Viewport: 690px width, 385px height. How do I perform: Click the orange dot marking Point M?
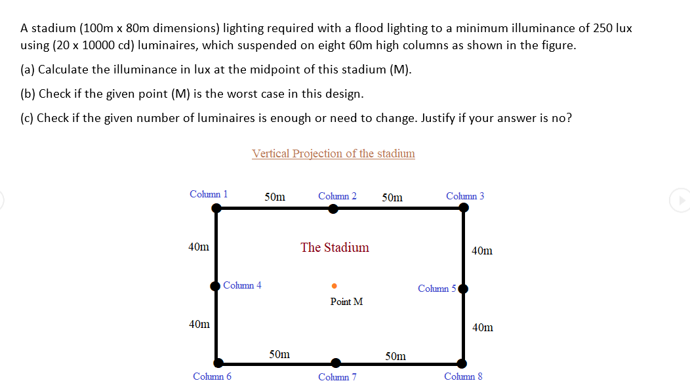pyautogui.click(x=334, y=286)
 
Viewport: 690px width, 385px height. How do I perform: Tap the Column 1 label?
pyautogui.click(x=209, y=194)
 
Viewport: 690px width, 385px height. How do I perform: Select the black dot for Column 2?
pyautogui.click(x=333, y=209)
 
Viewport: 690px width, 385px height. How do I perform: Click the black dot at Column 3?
pyautogui.click(x=464, y=208)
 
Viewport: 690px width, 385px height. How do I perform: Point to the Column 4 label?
pyautogui.click(x=242, y=285)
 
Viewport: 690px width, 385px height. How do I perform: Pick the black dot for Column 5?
pyautogui.click(x=463, y=289)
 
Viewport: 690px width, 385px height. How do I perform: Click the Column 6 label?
pyautogui.click(x=212, y=376)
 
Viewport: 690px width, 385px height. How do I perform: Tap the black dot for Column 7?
pyautogui.click(x=336, y=363)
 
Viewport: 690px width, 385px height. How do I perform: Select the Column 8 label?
pyautogui.click(x=463, y=376)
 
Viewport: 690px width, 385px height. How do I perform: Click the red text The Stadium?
pyautogui.click(x=335, y=247)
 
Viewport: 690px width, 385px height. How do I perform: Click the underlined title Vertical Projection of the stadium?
pyautogui.click(x=333, y=153)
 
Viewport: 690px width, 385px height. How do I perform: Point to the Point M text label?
pyautogui.click(x=346, y=302)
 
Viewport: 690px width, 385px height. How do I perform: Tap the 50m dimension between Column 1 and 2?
pyautogui.click(x=275, y=197)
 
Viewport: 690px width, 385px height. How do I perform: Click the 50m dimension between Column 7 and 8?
pyautogui.click(x=396, y=356)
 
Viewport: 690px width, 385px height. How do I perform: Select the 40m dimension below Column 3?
pyautogui.click(x=481, y=251)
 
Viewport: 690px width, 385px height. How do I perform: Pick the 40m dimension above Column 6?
pyautogui.click(x=199, y=324)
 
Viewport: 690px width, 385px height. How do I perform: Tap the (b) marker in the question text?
pyautogui.click(x=28, y=94)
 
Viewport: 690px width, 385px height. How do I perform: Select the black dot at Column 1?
pyautogui.click(x=217, y=208)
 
